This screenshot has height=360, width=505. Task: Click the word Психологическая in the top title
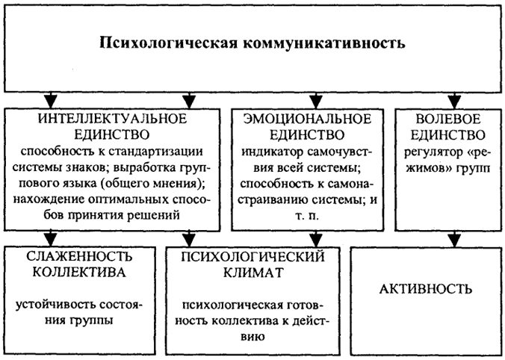(x=168, y=43)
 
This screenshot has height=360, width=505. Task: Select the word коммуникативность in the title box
(x=323, y=43)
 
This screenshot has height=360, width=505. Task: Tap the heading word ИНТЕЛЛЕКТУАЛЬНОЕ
(x=112, y=119)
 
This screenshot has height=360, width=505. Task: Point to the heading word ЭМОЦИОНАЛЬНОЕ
(x=307, y=119)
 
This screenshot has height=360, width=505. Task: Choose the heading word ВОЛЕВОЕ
(x=448, y=119)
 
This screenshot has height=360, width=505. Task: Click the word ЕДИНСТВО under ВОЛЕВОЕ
(x=448, y=134)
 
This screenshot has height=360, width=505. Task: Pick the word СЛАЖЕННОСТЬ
(x=79, y=256)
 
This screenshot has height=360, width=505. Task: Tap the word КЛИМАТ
(x=253, y=273)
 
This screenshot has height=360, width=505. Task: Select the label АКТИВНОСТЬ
(x=426, y=289)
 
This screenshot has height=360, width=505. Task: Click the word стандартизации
(x=155, y=151)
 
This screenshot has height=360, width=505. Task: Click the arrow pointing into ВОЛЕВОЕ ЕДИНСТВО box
(x=454, y=101)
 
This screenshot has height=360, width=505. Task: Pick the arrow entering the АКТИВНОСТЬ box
(x=454, y=239)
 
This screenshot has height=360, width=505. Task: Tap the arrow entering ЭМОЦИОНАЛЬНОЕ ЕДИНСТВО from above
(x=315, y=101)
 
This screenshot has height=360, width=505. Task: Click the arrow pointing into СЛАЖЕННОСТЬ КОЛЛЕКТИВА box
(x=50, y=239)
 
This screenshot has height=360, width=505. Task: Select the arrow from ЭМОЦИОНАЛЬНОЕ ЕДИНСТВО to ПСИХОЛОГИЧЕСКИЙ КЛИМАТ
(x=315, y=239)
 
